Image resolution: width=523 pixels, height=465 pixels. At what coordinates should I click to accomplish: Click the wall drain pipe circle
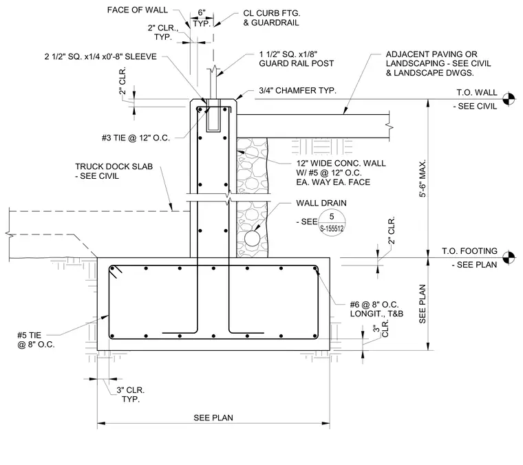tap(252, 239)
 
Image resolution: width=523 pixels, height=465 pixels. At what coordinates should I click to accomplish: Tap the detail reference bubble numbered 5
tap(332, 222)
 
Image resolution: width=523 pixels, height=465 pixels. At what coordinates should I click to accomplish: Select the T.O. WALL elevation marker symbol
tap(509, 98)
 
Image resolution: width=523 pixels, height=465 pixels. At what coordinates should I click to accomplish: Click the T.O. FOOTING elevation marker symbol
tap(509, 257)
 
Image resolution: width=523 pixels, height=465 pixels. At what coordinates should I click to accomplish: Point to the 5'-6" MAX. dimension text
tap(423, 179)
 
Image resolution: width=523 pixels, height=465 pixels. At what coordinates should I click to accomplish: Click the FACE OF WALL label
tap(138, 10)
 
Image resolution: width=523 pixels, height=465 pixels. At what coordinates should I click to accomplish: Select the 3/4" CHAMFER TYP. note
tap(297, 91)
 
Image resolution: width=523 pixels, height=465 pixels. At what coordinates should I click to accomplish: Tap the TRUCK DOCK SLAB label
tap(114, 171)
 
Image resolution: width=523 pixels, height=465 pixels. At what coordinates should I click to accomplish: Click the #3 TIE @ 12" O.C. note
tap(136, 138)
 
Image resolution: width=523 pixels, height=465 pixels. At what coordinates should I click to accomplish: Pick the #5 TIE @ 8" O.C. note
tap(36, 340)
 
